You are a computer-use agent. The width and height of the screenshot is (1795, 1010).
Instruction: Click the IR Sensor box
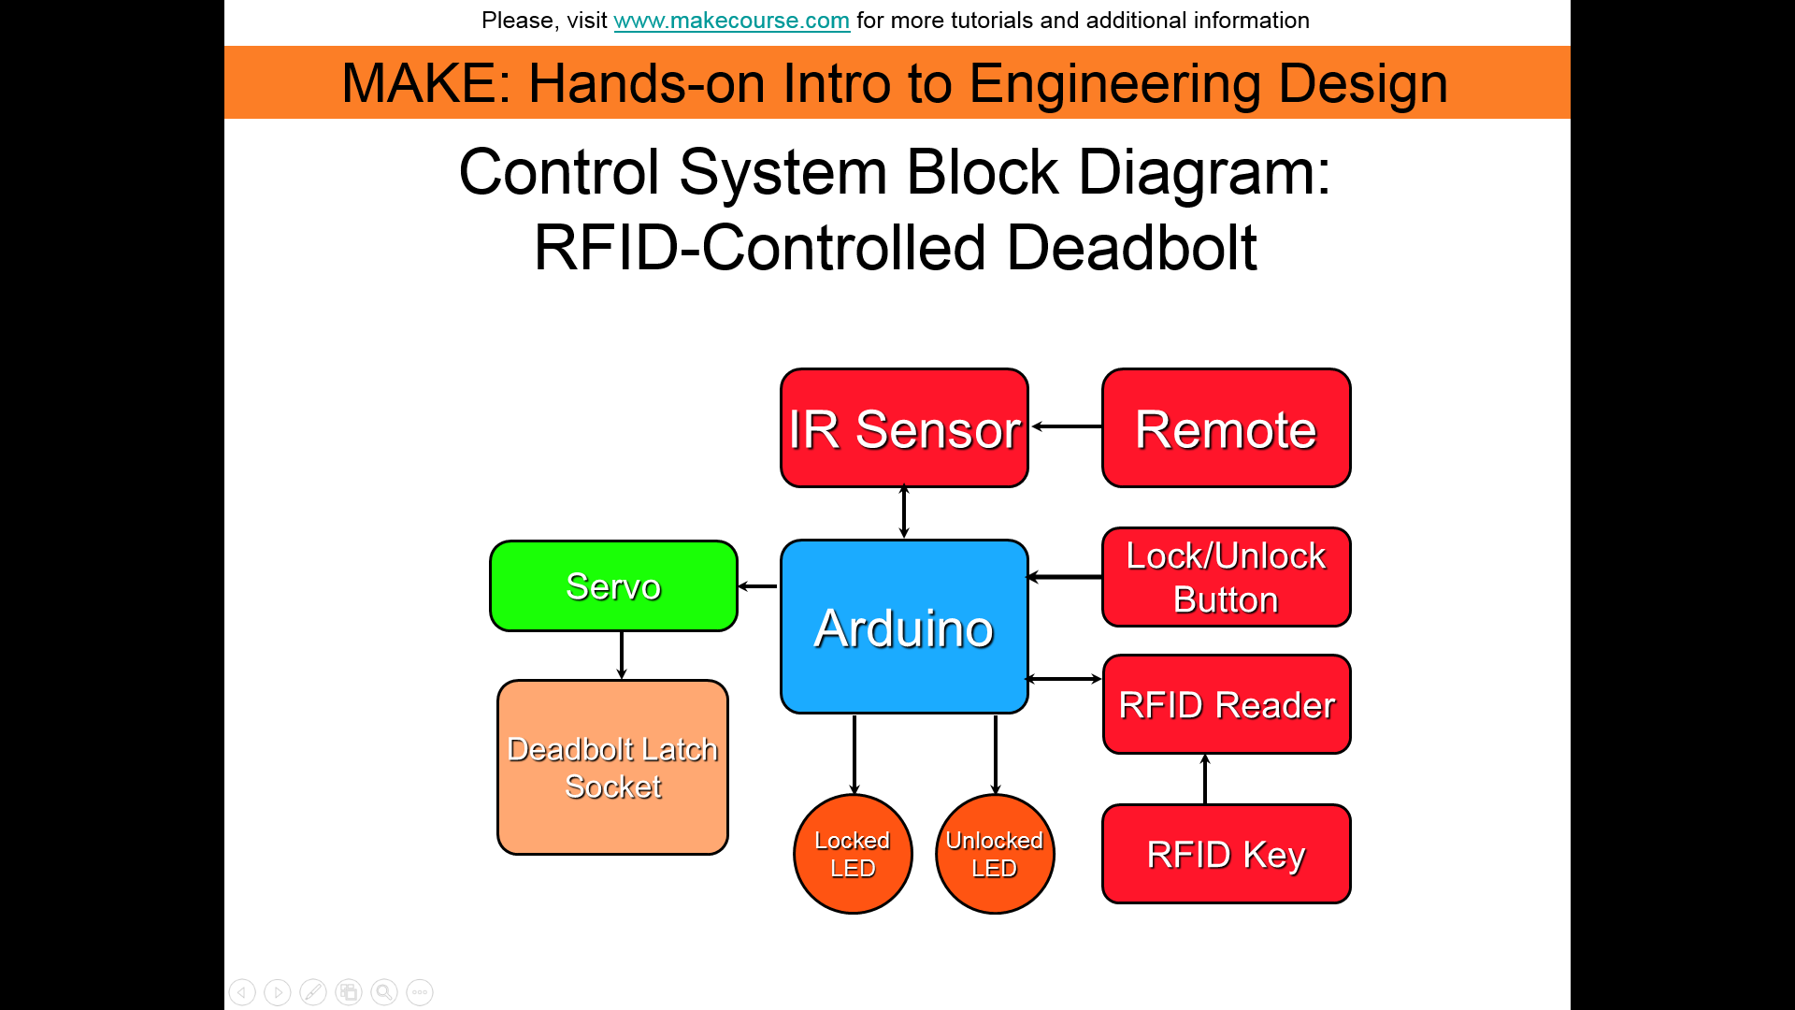904,428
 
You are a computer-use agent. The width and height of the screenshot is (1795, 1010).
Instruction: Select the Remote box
1226,428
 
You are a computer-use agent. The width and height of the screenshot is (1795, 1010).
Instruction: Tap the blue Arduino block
904,627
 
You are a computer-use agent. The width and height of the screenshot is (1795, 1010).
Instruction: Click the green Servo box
613,586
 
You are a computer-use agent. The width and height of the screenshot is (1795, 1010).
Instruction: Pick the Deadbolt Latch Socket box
612,767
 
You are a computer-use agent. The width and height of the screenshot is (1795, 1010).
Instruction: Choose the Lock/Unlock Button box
1226,577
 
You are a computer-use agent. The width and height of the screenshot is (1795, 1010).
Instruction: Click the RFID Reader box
1226,704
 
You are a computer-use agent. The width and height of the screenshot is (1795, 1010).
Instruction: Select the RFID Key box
1226,854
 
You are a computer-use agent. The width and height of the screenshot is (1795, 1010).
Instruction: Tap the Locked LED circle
853,854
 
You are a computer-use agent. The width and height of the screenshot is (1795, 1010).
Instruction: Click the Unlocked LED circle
995,854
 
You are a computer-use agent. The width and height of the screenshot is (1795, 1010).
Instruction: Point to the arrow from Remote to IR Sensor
1066,426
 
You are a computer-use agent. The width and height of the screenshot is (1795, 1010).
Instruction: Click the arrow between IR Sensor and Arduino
904,512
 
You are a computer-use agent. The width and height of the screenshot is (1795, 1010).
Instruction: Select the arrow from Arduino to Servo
758,586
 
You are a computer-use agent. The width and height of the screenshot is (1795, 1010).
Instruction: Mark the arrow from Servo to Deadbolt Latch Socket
622,655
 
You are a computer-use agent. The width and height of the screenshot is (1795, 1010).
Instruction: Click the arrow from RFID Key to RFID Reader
1205,778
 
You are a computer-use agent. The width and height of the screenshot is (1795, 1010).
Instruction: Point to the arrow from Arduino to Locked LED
854,754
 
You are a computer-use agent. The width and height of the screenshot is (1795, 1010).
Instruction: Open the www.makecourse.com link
731,21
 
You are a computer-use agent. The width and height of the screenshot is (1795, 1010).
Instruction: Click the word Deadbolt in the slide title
1131,248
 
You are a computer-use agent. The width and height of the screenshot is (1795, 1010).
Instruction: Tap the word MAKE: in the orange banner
426,82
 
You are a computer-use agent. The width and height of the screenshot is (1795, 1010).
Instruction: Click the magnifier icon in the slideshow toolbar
384,992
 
